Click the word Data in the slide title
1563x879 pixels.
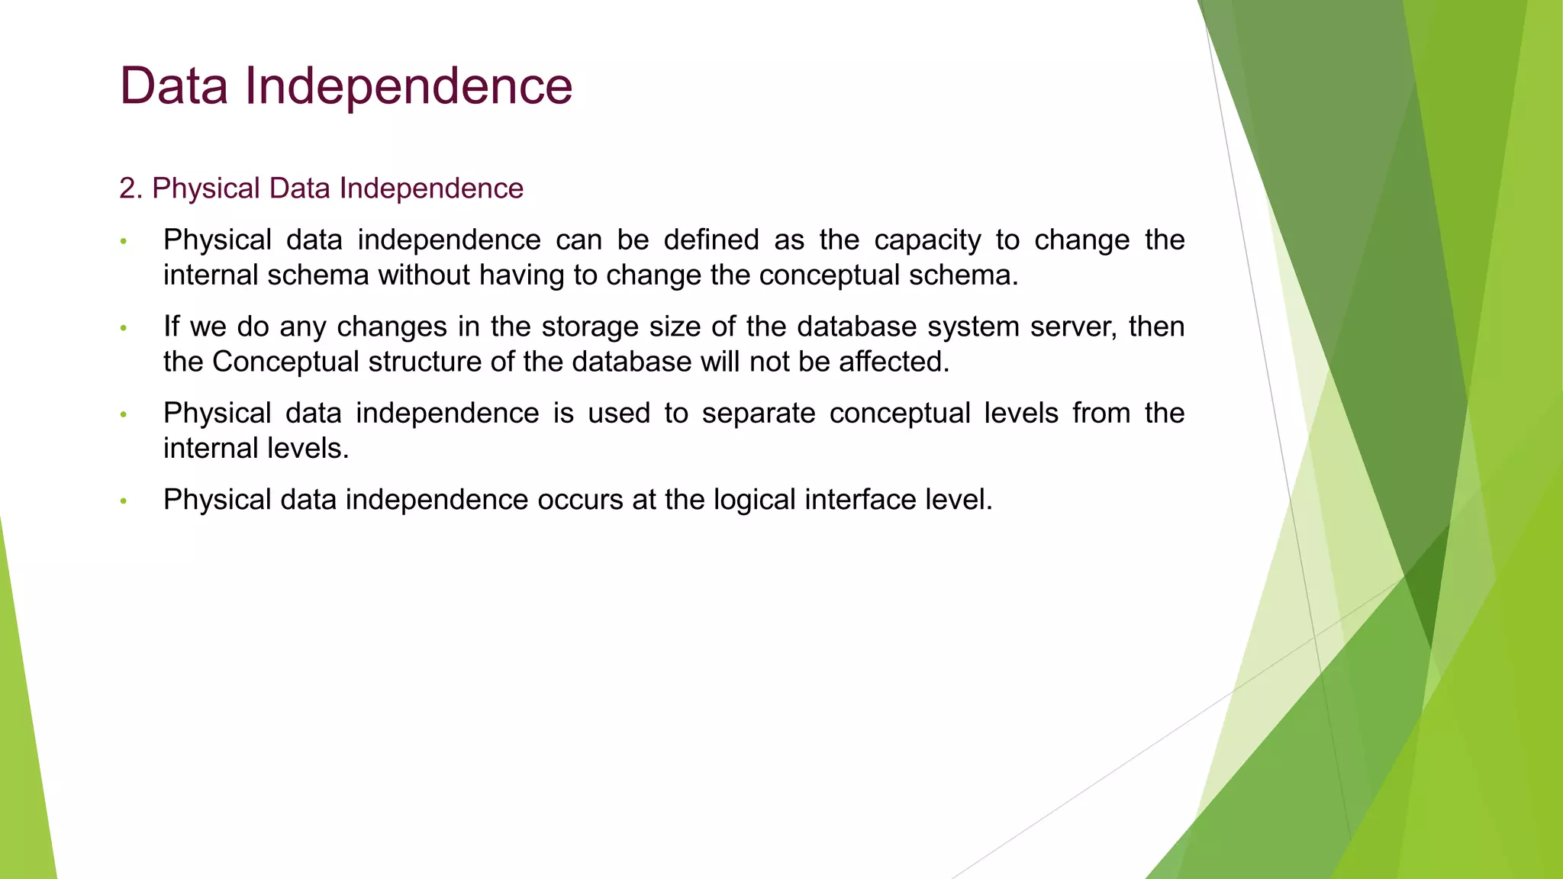pos(174,85)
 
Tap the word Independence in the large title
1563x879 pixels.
pos(408,87)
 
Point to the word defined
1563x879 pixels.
pos(711,240)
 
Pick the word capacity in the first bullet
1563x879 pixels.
pos(927,241)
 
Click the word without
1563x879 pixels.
pos(424,275)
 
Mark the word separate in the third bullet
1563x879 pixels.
pos(758,414)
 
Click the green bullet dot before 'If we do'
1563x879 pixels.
pos(123,329)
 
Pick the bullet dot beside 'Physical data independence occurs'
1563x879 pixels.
pos(123,501)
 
